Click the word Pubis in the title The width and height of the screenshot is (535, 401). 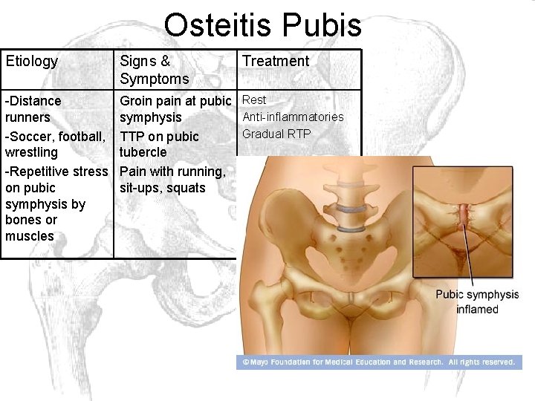pos(324,25)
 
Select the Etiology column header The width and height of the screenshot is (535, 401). pos(32,62)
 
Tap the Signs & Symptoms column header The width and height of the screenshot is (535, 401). pos(155,70)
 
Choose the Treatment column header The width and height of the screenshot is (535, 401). pos(276,62)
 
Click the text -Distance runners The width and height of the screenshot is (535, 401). pos(33,108)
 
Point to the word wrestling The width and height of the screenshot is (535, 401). pos(32,152)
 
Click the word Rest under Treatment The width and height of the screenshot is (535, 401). pos(254,100)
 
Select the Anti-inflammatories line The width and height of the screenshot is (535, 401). pos(293,117)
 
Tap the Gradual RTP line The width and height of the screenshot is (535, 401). pos(276,134)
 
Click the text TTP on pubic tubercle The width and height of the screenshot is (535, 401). pos(159,144)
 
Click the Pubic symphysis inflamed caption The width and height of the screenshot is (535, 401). pos(477,301)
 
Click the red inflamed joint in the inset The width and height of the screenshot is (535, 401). pos(465,214)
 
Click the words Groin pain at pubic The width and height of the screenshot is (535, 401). pos(175,100)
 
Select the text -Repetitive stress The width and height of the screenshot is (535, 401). pos(56,172)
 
